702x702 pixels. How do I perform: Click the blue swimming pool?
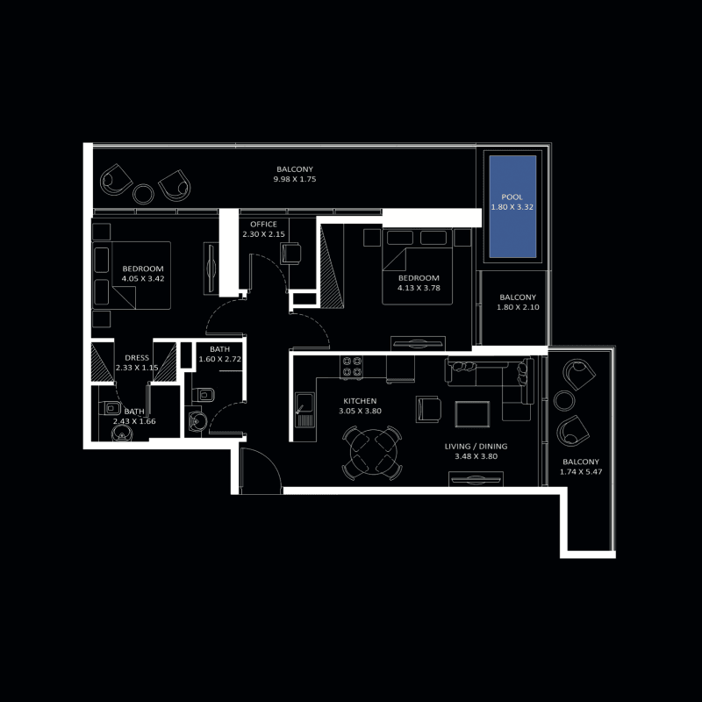click(512, 206)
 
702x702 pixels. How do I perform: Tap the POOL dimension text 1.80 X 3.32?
click(512, 207)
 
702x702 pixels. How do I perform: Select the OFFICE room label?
click(264, 225)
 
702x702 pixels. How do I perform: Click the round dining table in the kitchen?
click(373, 452)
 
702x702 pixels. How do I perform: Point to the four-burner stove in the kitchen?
click(352, 367)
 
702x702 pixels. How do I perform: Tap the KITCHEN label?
click(360, 401)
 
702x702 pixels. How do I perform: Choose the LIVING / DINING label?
click(476, 447)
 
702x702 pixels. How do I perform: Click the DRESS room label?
click(137, 358)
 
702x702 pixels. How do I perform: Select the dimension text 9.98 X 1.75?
click(295, 179)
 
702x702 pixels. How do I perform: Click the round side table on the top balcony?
click(143, 194)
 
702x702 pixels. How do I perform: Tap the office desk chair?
click(291, 254)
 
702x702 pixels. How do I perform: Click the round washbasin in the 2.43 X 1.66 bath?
click(122, 433)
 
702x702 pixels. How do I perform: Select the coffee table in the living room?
click(472, 414)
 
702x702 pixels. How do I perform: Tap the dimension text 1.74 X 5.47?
click(581, 472)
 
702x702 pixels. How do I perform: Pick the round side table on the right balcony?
click(564, 401)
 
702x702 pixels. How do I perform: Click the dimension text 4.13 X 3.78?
click(419, 288)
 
